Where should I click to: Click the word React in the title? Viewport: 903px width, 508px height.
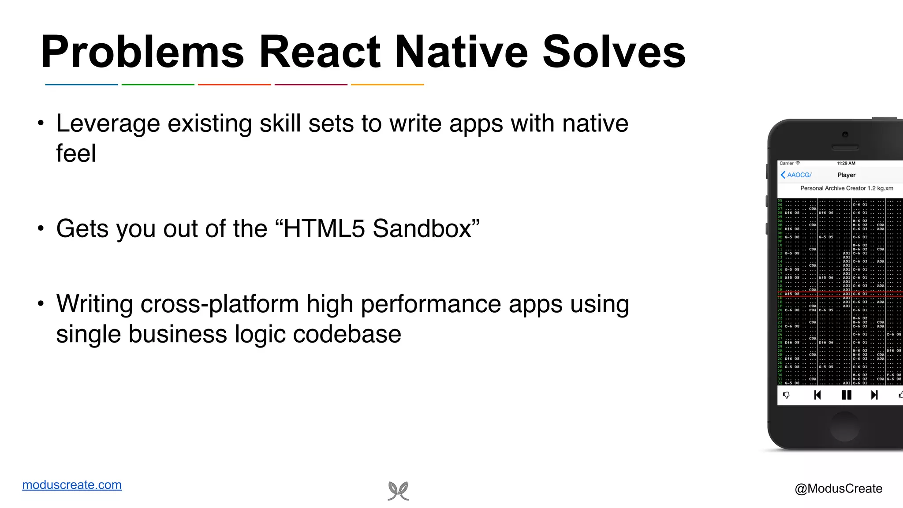320,52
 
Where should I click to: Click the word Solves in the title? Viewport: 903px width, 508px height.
614,52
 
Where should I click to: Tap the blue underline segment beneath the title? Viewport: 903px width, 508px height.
82,84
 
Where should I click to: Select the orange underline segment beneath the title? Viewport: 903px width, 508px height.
387,84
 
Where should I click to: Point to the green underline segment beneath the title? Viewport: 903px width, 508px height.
158,84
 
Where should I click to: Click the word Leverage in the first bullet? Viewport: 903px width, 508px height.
108,124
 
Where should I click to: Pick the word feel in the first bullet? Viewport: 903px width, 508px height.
76,153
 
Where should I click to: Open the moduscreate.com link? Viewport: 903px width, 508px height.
72,485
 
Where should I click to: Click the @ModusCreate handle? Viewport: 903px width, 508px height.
838,489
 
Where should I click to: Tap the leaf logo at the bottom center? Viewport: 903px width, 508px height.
398,491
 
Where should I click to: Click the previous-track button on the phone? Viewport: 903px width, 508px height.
817,395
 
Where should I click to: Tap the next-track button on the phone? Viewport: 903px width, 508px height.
874,395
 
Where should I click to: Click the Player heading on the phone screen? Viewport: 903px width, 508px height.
846,175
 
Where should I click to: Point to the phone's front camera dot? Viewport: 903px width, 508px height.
845,134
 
